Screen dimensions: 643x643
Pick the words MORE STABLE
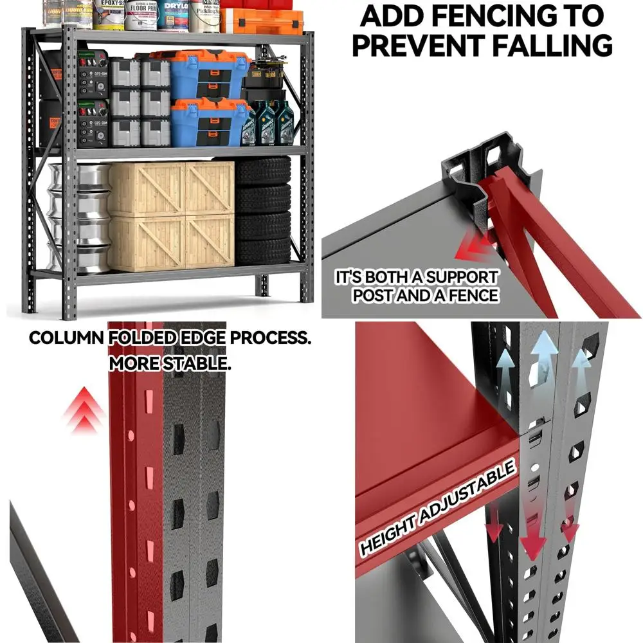169,363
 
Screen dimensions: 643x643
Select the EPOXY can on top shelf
108,14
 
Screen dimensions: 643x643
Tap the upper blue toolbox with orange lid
208,74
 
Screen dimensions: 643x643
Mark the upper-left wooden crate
146,188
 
